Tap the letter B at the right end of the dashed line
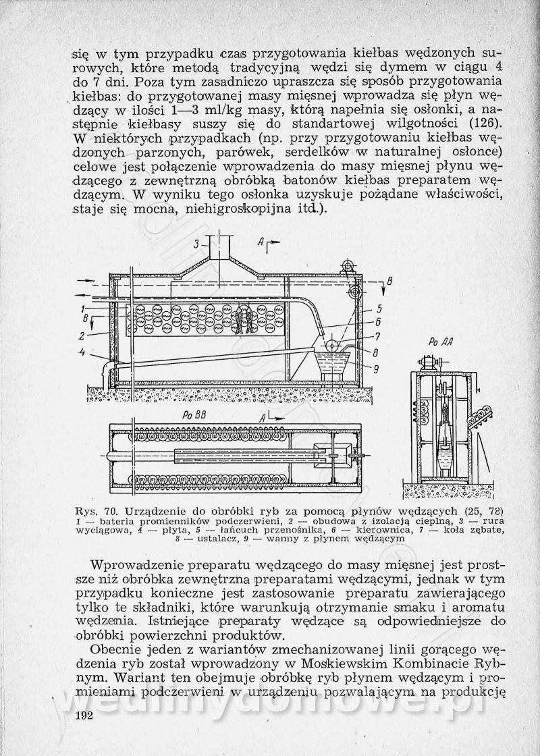tap(389, 281)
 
